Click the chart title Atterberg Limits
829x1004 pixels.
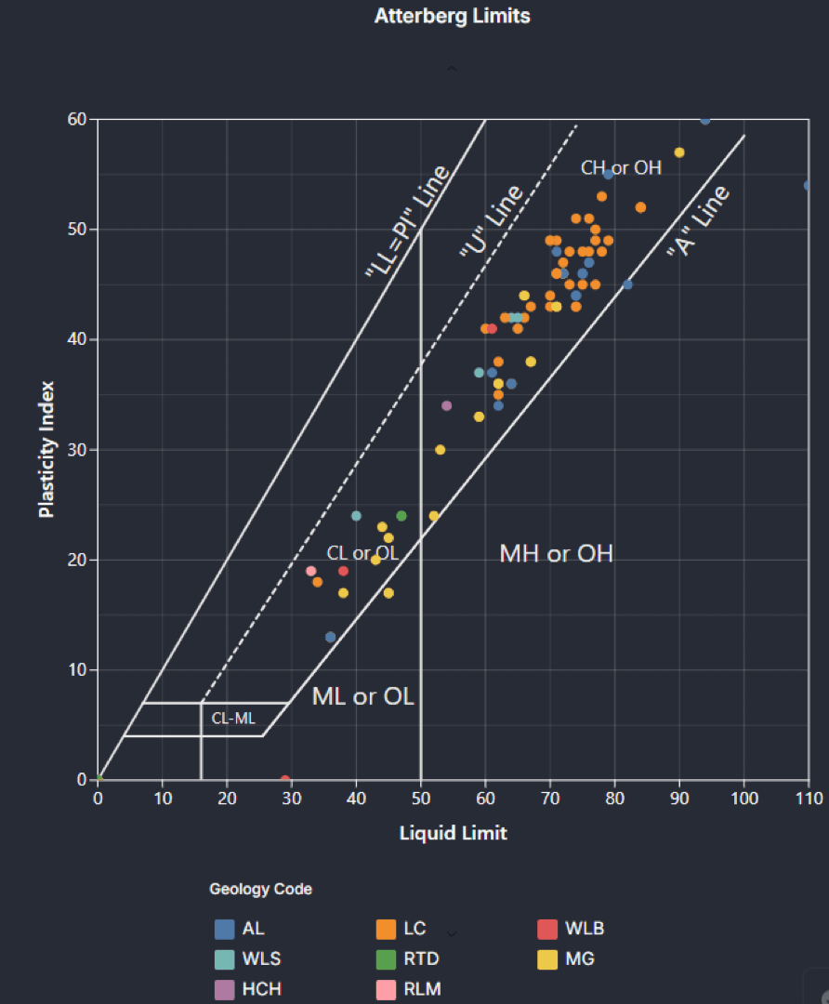coord(452,17)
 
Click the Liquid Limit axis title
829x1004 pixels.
coord(453,833)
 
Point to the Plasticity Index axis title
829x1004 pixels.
coord(47,449)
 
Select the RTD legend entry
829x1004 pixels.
coord(408,958)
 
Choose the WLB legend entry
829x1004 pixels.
coord(572,929)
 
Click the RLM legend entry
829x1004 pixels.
coord(408,989)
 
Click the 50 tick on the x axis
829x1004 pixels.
coord(421,798)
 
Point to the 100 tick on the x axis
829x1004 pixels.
coord(743,798)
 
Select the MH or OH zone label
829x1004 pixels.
coord(556,554)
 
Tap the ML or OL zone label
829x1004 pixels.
coord(362,696)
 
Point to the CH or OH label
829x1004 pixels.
coord(621,168)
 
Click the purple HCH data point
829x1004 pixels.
coord(446,405)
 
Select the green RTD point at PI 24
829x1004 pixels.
coord(401,515)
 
